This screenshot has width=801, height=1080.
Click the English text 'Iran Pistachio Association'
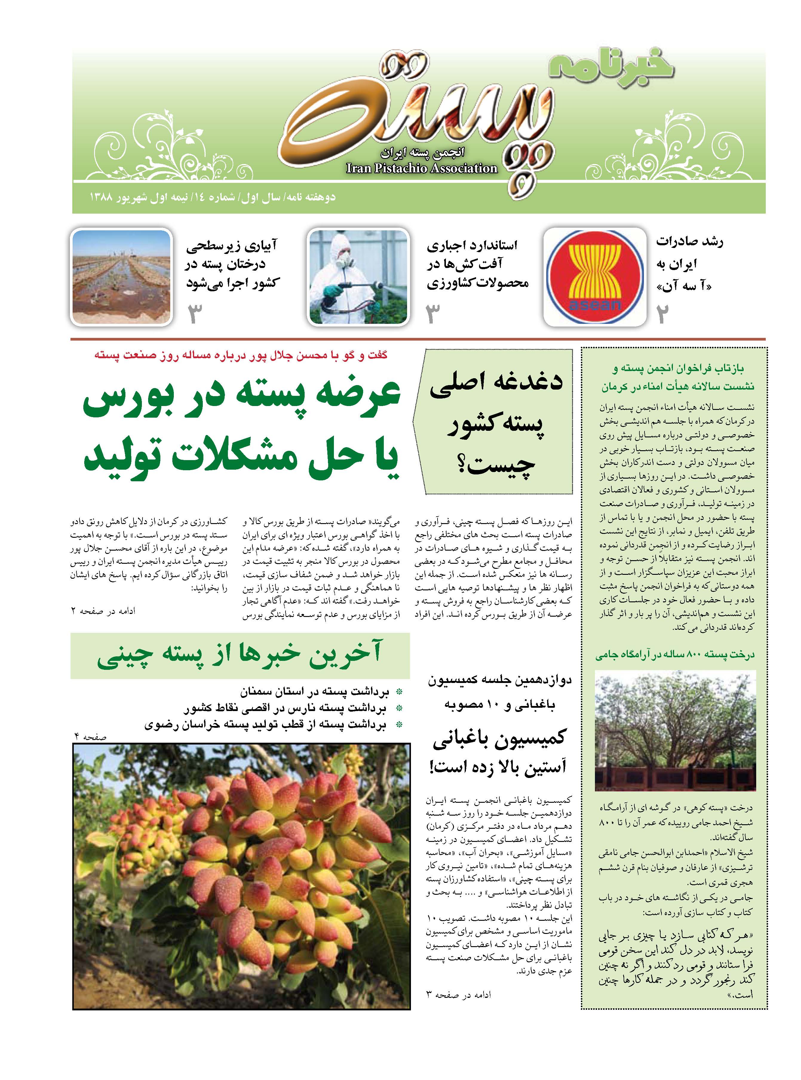(x=421, y=168)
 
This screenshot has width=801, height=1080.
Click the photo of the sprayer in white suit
(x=359, y=276)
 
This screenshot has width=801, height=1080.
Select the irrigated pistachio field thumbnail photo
(x=122, y=276)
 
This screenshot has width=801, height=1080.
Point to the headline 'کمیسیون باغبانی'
(x=499, y=739)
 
